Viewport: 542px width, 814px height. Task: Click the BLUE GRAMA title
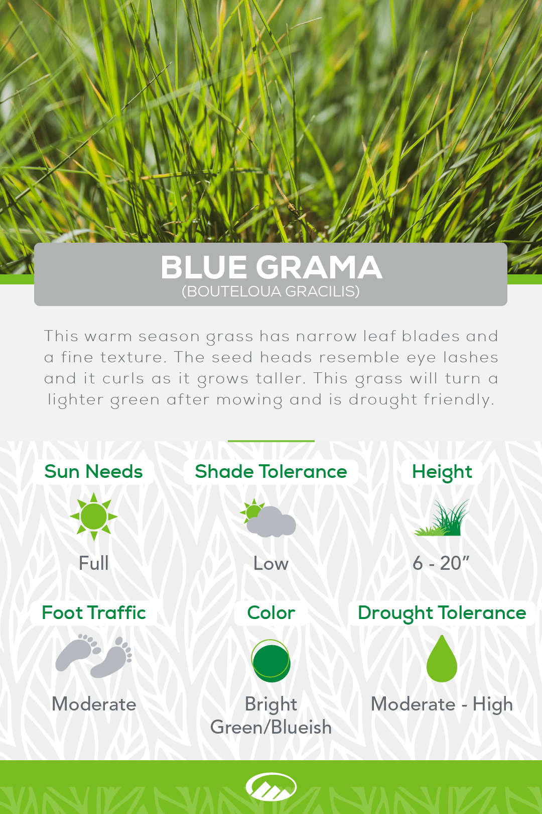pyautogui.click(x=271, y=267)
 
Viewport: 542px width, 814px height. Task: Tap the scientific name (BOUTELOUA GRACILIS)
pyautogui.click(x=271, y=291)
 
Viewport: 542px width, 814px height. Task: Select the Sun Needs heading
pyautogui.click(x=94, y=472)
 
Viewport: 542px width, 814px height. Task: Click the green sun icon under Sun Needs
pyautogui.click(x=94, y=517)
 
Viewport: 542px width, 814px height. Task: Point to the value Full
pyautogui.click(x=94, y=563)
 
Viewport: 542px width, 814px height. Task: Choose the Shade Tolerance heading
pyautogui.click(x=271, y=472)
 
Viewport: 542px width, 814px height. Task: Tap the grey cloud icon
pyautogui.click(x=271, y=522)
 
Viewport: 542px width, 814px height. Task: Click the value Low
pyautogui.click(x=271, y=564)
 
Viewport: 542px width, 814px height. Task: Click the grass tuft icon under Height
pyautogui.click(x=442, y=518)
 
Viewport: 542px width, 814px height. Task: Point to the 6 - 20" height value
pyautogui.click(x=441, y=563)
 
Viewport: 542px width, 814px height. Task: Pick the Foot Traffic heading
pyautogui.click(x=94, y=613)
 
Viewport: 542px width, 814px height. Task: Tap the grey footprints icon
pyautogui.click(x=94, y=656)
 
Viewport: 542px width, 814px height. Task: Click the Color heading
pyautogui.click(x=271, y=613)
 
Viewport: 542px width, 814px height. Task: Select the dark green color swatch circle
pyautogui.click(x=271, y=661)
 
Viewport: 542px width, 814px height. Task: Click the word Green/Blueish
pyautogui.click(x=271, y=727)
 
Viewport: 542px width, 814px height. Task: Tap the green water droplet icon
pyautogui.click(x=442, y=658)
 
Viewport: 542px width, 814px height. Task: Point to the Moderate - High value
pyautogui.click(x=442, y=704)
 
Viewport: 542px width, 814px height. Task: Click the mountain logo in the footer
pyautogui.click(x=271, y=787)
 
